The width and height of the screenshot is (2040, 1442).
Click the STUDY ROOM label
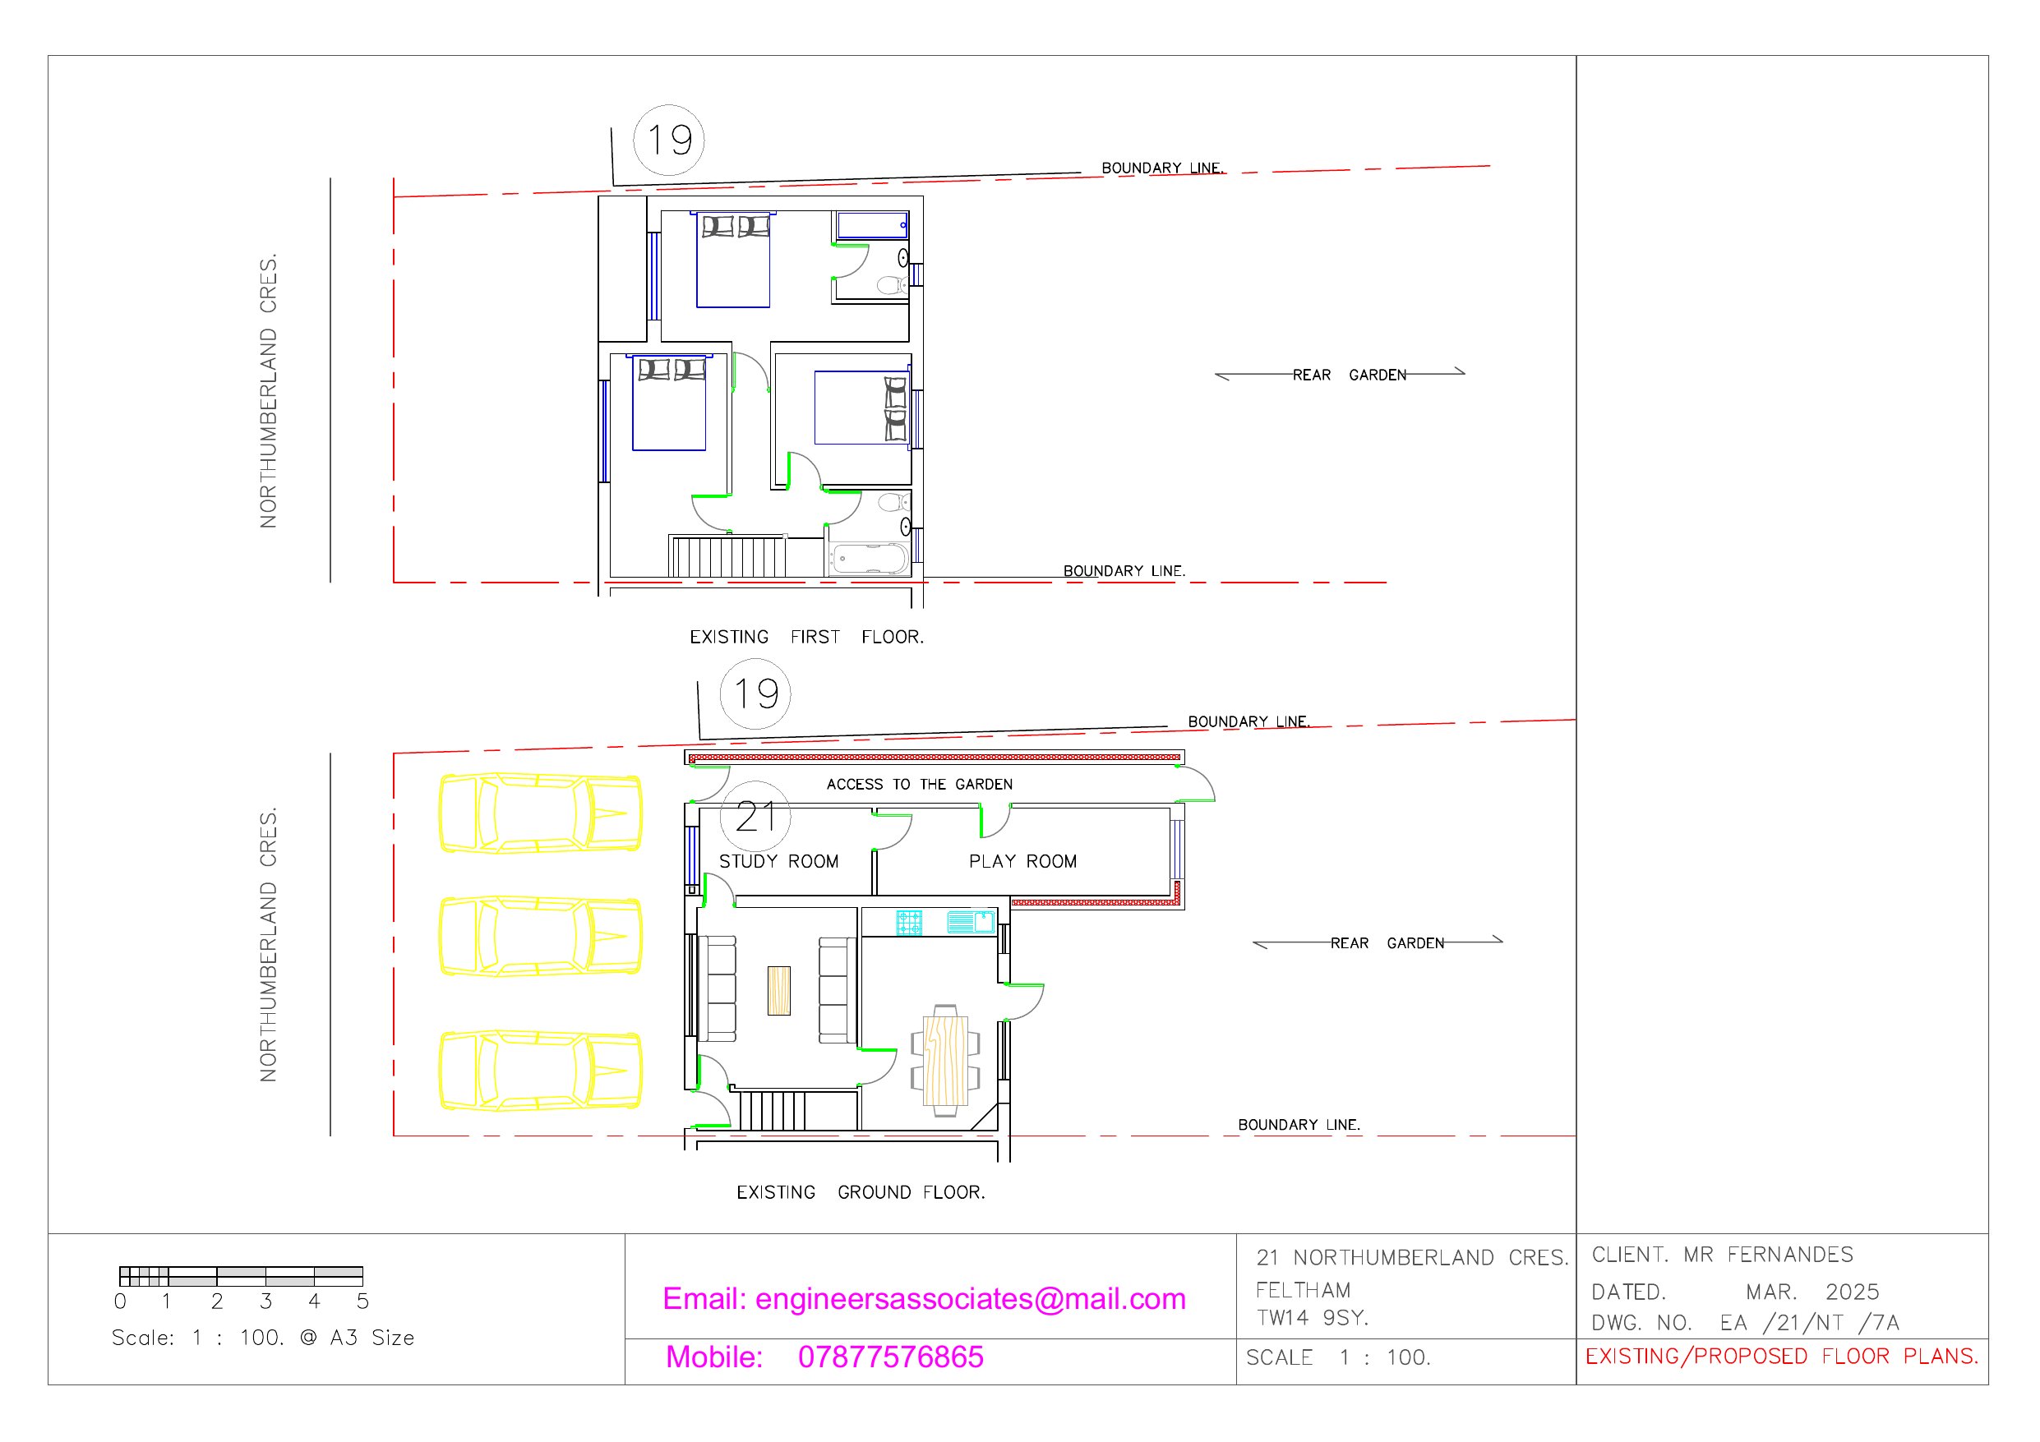point(778,861)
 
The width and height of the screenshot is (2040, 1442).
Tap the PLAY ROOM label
point(1022,861)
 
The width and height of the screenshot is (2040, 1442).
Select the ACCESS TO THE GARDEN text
point(919,784)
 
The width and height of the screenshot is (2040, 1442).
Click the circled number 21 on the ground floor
point(755,817)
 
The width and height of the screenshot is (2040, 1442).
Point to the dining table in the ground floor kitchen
point(944,1060)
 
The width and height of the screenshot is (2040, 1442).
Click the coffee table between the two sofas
point(778,990)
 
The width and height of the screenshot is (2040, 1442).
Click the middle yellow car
point(540,937)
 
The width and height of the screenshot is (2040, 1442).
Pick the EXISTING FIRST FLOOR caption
point(805,637)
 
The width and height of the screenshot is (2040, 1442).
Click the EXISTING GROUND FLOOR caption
point(860,1192)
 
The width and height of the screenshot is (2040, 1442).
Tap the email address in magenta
point(924,1299)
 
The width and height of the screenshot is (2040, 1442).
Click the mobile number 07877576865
point(890,1357)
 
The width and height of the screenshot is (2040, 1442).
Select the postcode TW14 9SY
point(1312,1318)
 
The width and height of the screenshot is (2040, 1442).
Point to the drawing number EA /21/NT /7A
point(1809,1323)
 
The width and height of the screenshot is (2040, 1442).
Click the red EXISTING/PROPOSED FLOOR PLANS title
point(1781,1356)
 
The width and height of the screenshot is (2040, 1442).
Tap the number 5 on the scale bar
point(362,1301)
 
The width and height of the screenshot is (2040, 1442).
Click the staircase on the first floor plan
point(727,555)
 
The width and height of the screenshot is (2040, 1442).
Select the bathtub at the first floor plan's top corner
point(871,225)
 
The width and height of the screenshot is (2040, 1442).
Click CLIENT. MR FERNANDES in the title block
point(1722,1255)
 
